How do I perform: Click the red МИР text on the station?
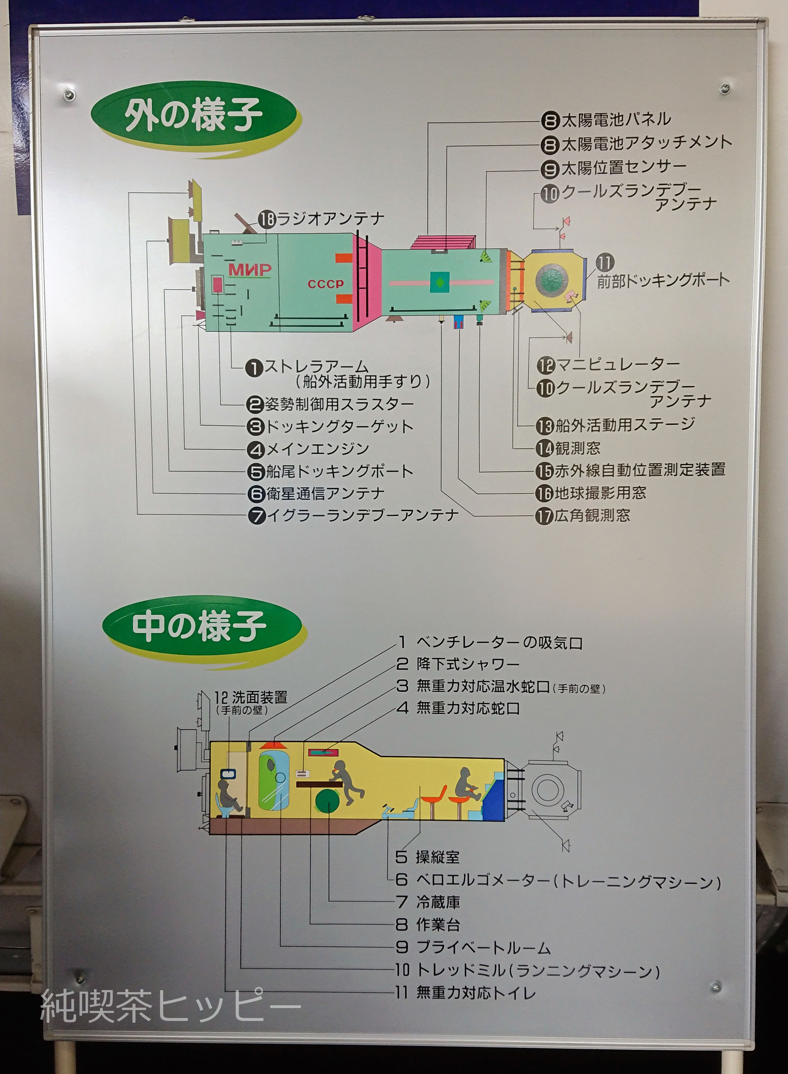249,270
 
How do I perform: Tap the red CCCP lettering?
326,284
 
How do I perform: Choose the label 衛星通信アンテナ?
325,493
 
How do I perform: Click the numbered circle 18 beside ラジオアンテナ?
266,219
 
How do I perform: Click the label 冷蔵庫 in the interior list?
438,903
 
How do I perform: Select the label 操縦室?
437,857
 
